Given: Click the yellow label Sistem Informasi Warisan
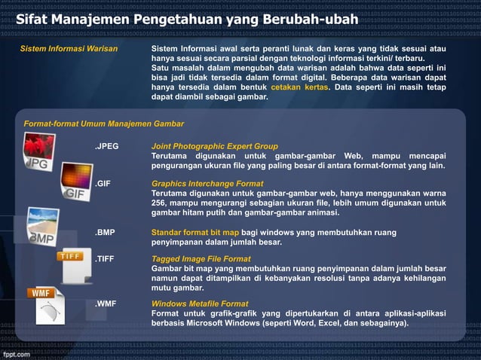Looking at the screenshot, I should point(69,48).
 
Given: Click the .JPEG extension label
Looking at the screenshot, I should point(107,146).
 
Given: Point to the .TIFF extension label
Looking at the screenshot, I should point(105,258).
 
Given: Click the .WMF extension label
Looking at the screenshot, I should point(106,304).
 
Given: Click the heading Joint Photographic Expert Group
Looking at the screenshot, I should point(215,146).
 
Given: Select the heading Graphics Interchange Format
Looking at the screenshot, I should point(207,184).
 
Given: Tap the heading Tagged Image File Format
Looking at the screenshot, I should point(201,258).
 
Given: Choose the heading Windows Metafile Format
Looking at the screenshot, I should point(200,304).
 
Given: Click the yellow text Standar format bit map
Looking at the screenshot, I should point(198,233).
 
